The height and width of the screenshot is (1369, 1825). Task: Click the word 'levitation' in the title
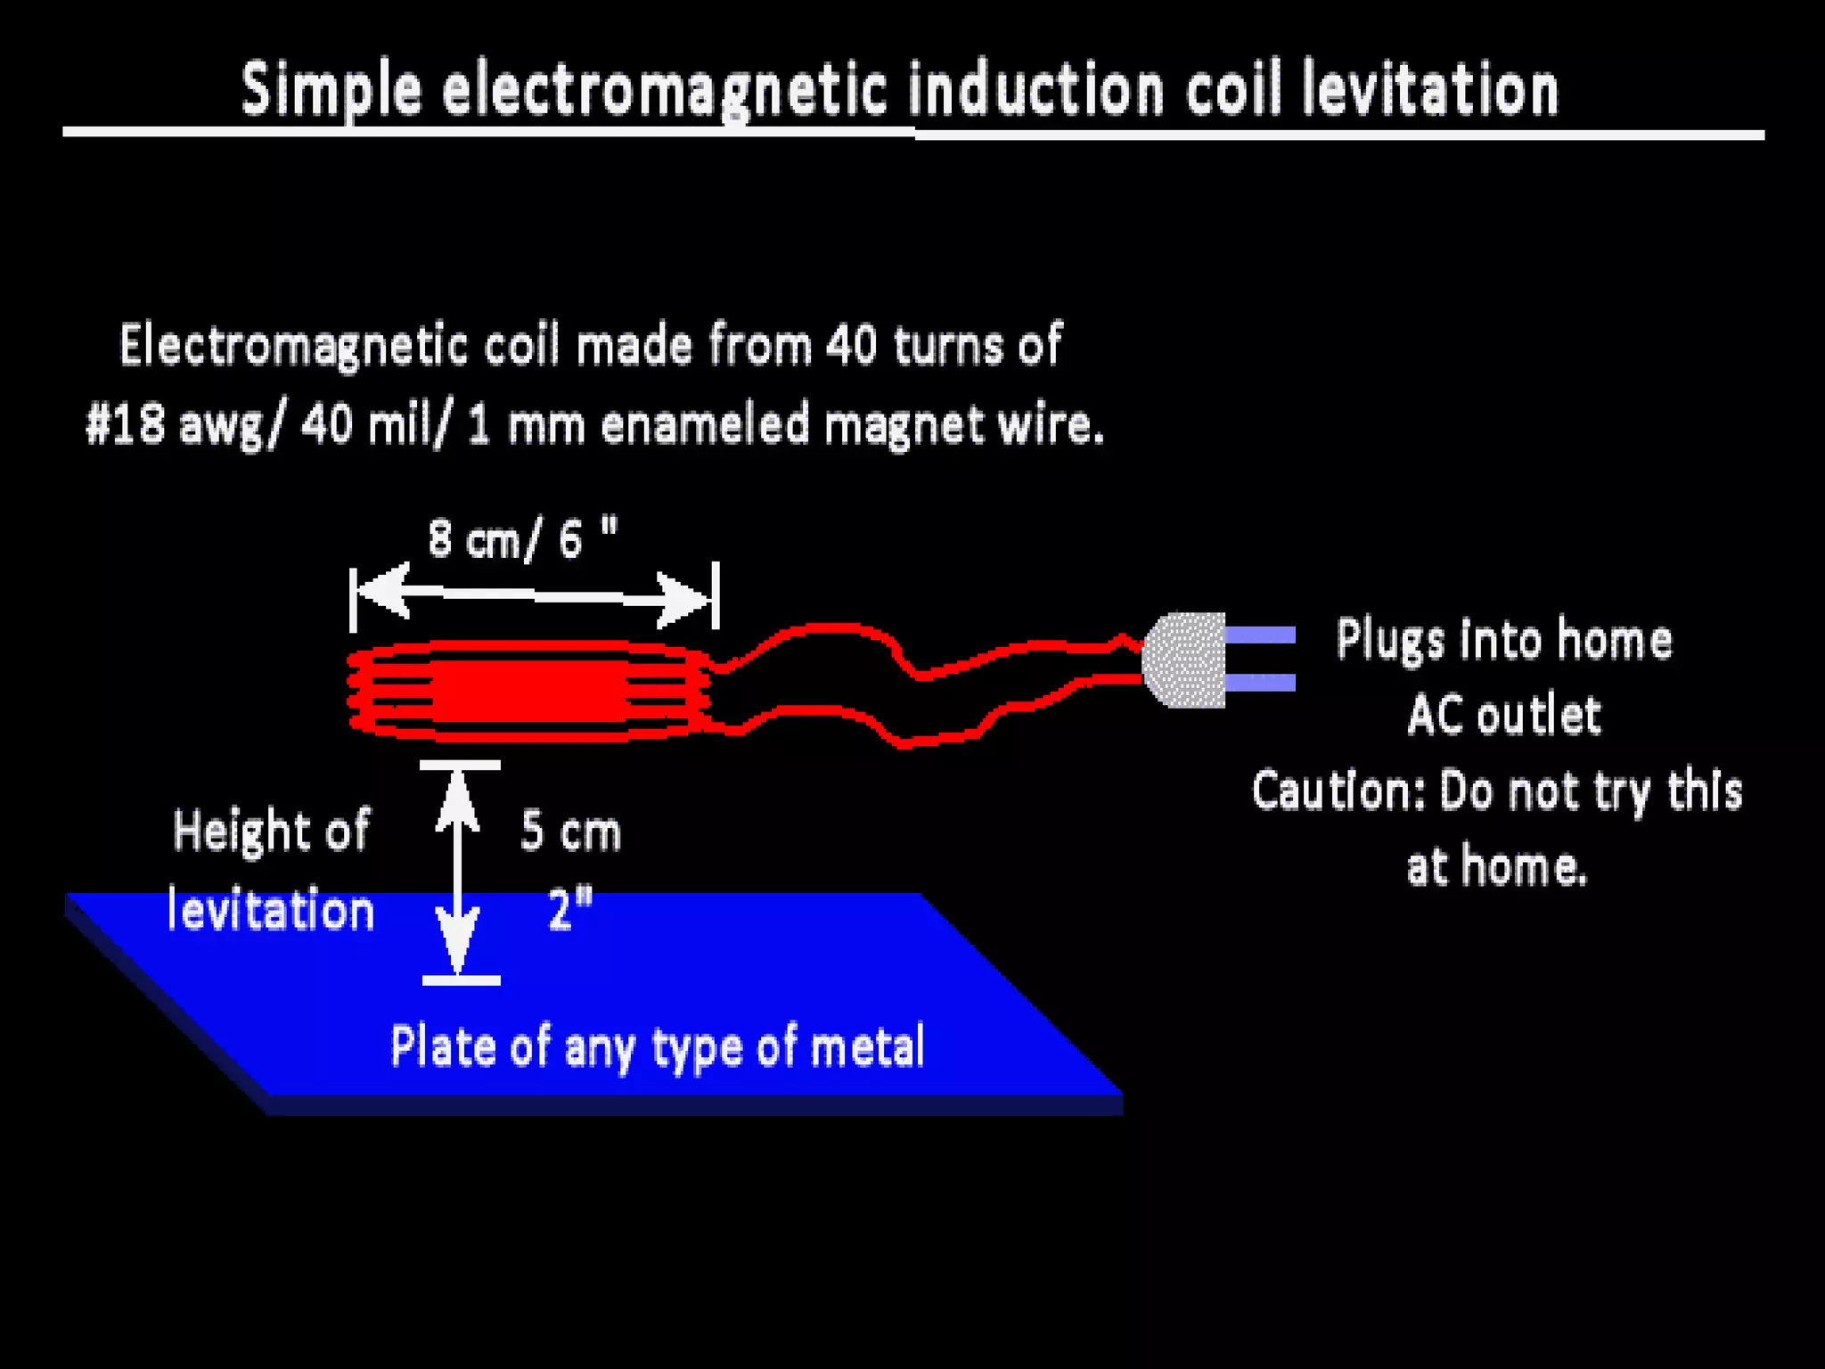coord(1429,90)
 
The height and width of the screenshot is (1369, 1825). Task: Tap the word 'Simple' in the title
coord(331,90)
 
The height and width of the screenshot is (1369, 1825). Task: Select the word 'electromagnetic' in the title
coord(665,90)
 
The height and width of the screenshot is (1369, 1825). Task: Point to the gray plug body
coord(1185,660)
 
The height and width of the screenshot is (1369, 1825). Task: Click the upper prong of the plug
coord(1260,635)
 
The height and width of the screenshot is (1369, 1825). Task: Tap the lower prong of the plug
coord(1260,683)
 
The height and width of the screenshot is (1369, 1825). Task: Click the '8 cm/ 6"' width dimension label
coord(522,538)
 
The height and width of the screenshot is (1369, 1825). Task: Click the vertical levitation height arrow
coord(458,873)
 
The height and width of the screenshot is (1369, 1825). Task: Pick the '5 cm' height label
coord(570,832)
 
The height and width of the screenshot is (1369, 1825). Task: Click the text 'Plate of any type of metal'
coord(658,1046)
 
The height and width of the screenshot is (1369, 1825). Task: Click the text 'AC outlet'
coord(1503,715)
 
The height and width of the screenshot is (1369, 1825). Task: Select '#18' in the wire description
coord(125,424)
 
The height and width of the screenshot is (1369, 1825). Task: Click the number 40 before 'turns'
coord(851,345)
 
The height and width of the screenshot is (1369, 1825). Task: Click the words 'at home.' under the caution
coord(1497,866)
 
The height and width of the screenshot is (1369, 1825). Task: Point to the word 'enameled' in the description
coord(705,424)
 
